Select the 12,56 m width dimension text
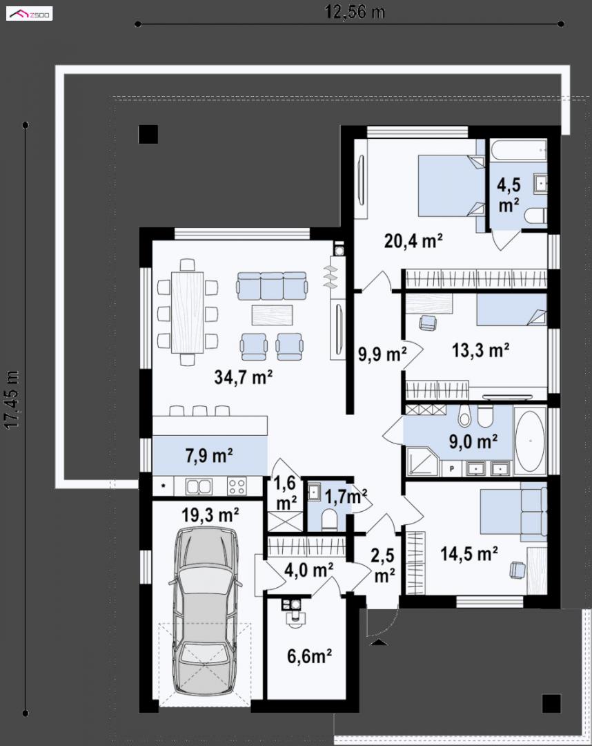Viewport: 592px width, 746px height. click(355, 12)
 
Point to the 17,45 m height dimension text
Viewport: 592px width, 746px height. click(12, 399)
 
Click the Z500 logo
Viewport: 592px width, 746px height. click(30, 15)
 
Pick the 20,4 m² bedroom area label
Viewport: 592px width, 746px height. click(413, 241)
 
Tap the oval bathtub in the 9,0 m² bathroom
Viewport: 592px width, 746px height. click(530, 441)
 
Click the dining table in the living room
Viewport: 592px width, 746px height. click(187, 312)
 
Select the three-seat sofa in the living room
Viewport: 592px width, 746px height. click(272, 285)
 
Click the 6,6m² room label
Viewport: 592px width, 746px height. click(309, 656)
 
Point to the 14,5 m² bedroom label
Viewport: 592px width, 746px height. click(469, 553)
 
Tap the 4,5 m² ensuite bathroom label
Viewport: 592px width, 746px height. click(509, 195)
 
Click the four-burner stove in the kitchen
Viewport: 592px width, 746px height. click(237, 486)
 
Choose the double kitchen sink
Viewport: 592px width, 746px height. click(199, 486)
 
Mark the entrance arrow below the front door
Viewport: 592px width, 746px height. click(379, 642)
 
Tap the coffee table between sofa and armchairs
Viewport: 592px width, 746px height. click(272, 315)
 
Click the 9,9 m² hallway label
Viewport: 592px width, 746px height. click(382, 354)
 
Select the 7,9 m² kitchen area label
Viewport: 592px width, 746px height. click(209, 455)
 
